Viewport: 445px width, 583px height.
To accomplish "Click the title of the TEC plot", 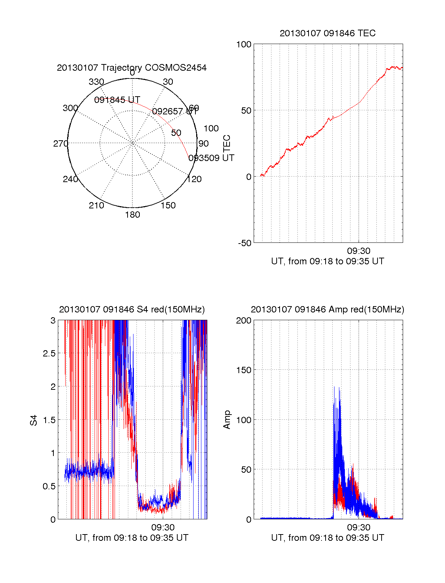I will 327,33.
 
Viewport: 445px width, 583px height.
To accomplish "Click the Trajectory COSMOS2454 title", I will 132,68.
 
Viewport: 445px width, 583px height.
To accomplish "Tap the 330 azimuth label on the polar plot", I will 96,82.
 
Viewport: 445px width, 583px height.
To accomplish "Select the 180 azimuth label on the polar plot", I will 132,215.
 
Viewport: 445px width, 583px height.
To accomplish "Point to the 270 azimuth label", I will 60,144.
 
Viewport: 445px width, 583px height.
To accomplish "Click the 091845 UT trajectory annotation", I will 117,100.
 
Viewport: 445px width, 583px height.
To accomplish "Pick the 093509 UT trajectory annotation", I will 211,158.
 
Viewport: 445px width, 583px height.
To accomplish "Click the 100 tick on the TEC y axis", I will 244,44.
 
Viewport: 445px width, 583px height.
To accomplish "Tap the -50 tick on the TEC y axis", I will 245,243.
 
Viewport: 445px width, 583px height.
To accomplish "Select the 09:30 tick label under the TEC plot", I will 359,251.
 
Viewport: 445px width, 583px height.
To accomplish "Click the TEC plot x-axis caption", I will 327,261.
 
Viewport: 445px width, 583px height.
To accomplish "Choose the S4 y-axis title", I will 34,420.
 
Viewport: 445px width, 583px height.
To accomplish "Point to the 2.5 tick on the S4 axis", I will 49,354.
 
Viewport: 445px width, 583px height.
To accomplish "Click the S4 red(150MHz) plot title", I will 132,309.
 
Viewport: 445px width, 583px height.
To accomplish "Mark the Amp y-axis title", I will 227,420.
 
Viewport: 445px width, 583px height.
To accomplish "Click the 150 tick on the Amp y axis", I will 244,370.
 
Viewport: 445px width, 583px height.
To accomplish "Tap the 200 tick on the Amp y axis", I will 244,321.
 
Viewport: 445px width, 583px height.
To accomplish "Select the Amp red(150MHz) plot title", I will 327,309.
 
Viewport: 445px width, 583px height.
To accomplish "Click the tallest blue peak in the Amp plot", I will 339,388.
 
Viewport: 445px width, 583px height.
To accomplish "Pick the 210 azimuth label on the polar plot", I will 96,205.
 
